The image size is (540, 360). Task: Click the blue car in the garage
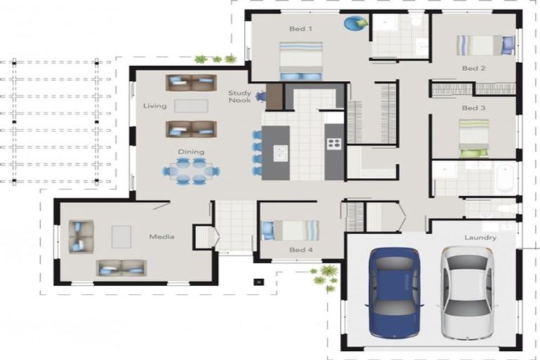[395, 292]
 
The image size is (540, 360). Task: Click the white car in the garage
[467, 292]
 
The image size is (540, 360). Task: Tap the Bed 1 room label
[300, 29]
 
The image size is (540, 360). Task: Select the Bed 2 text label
[473, 68]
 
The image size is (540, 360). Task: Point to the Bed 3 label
[473, 108]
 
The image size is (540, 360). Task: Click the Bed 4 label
[300, 250]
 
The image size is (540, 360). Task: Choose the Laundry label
[480, 238]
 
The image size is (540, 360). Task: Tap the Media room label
[161, 236]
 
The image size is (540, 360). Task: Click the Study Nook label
[239, 96]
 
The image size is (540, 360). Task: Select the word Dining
[191, 151]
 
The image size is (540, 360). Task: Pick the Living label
[155, 106]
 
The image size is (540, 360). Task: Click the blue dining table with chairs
[191, 171]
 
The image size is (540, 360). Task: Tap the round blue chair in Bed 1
[354, 23]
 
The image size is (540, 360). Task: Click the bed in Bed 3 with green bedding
[474, 138]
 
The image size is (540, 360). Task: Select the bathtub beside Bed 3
[505, 179]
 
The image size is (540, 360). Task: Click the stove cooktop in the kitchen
[333, 143]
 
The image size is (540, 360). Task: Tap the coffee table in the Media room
[121, 237]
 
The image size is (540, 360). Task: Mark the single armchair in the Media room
[80, 236]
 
